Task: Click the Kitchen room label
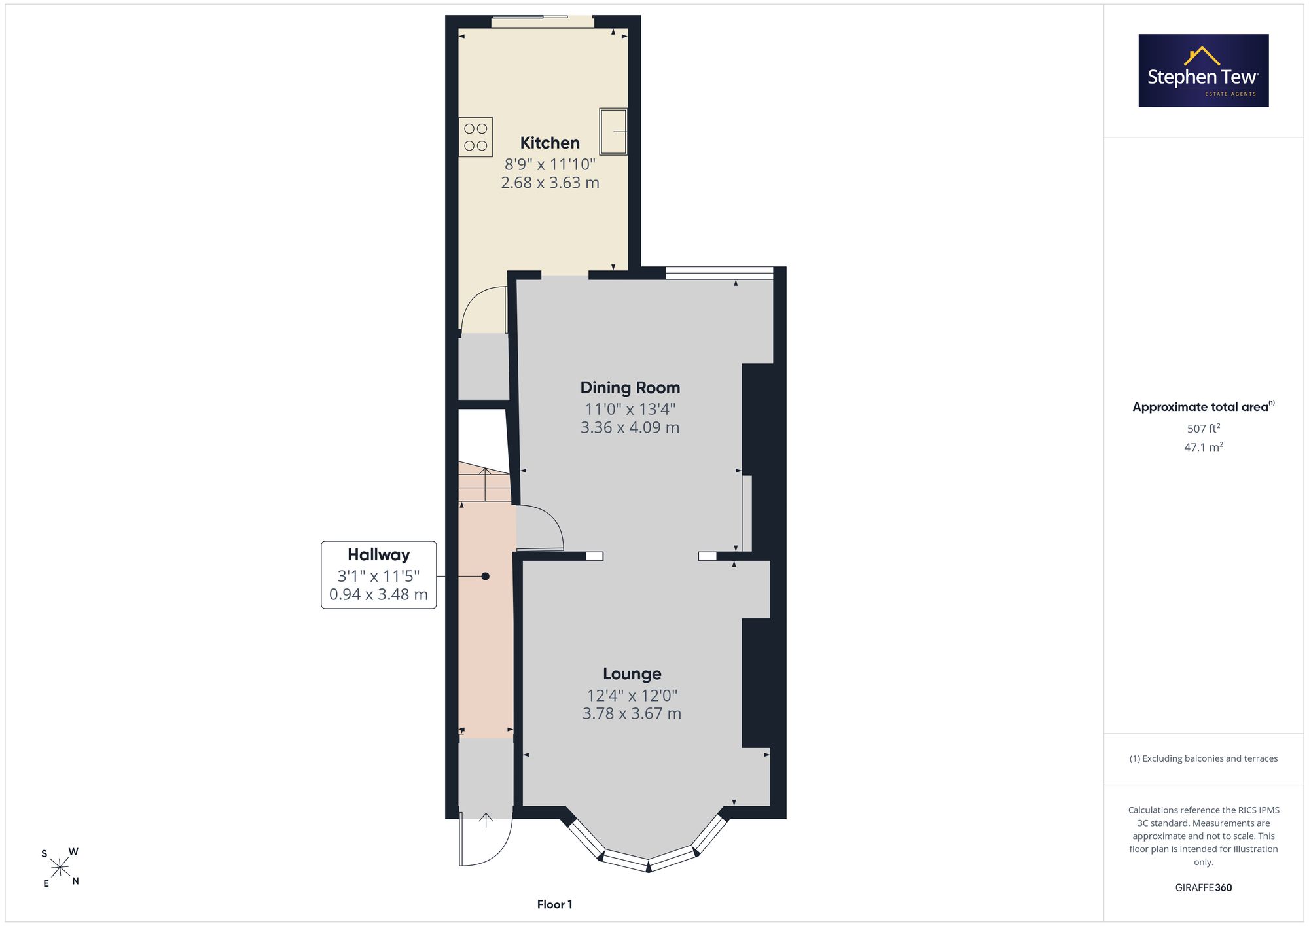click(550, 143)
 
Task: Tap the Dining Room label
click(630, 387)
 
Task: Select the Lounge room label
click(632, 674)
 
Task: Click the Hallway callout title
click(378, 555)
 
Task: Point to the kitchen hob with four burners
click(476, 137)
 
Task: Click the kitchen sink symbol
click(613, 132)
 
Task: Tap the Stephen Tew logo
click(1204, 71)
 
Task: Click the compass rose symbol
click(60, 868)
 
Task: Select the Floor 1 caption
click(554, 904)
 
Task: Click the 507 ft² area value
click(1204, 429)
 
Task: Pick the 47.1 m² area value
click(1204, 447)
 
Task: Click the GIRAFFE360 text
click(1204, 888)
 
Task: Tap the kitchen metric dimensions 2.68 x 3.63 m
click(550, 183)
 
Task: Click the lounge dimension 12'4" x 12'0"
click(632, 695)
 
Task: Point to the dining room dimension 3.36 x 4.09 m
click(630, 427)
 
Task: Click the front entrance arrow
click(486, 820)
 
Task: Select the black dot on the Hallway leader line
click(485, 577)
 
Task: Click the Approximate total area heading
click(1204, 406)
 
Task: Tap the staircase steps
click(484, 482)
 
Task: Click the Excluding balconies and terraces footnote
click(1204, 758)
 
